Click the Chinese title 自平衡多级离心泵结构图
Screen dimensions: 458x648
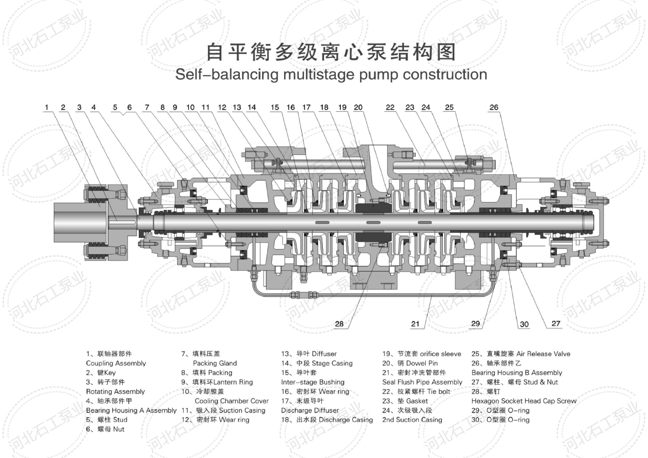(x=331, y=52)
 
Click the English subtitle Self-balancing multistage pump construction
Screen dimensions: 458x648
(x=331, y=74)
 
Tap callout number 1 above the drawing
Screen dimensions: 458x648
(x=46, y=108)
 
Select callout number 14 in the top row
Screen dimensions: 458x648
(x=251, y=108)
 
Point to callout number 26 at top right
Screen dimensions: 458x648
(x=494, y=108)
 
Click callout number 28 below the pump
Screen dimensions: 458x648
(x=339, y=324)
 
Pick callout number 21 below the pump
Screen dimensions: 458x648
(x=415, y=324)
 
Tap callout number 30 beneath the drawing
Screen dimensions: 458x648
(x=524, y=324)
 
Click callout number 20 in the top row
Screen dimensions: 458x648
(x=358, y=108)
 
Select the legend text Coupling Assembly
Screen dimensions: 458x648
(x=116, y=363)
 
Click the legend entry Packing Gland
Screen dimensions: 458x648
(x=215, y=363)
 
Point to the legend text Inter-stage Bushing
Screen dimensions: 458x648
(x=313, y=382)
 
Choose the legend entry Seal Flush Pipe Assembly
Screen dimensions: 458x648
(x=422, y=382)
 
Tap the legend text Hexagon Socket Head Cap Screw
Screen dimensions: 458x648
(x=524, y=401)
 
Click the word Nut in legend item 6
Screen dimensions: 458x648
(x=119, y=429)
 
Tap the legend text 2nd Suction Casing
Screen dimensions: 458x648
(x=412, y=420)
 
